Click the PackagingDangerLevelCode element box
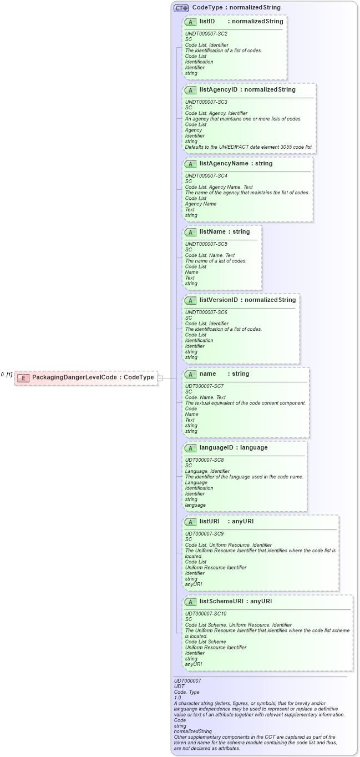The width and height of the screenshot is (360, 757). click(x=86, y=377)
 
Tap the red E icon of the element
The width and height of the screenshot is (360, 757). click(x=23, y=378)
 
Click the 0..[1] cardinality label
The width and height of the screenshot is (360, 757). click(x=7, y=375)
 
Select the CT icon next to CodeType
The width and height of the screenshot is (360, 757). click(x=181, y=8)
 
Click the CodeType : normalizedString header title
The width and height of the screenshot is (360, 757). click(x=236, y=8)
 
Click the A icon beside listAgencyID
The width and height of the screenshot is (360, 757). click(x=191, y=90)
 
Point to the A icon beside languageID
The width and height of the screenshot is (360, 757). click(x=191, y=448)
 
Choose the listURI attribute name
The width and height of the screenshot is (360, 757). click(x=210, y=522)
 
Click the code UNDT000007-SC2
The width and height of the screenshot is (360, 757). click(x=206, y=34)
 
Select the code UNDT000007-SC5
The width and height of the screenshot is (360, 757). click(x=206, y=244)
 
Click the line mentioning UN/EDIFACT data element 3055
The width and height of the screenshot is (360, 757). click(x=249, y=147)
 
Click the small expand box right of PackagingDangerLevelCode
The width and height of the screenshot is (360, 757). click(x=160, y=378)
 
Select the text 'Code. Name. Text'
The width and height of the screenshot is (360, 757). click(x=205, y=397)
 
